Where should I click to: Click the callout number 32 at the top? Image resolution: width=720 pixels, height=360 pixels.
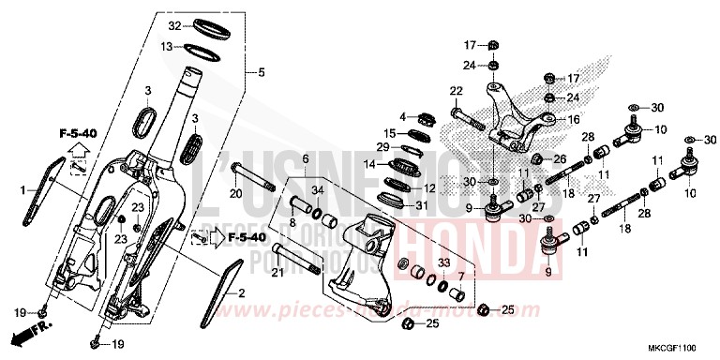tap(173, 25)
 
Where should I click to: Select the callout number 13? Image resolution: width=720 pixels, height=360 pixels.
tap(165, 46)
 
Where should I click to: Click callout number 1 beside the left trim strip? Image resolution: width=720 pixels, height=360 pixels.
tap(23, 191)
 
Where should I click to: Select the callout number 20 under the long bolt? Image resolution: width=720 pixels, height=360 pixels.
tap(236, 193)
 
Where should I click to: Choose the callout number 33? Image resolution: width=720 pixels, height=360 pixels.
tap(444, 264)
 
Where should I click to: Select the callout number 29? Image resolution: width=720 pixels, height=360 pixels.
tap(382, 147)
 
